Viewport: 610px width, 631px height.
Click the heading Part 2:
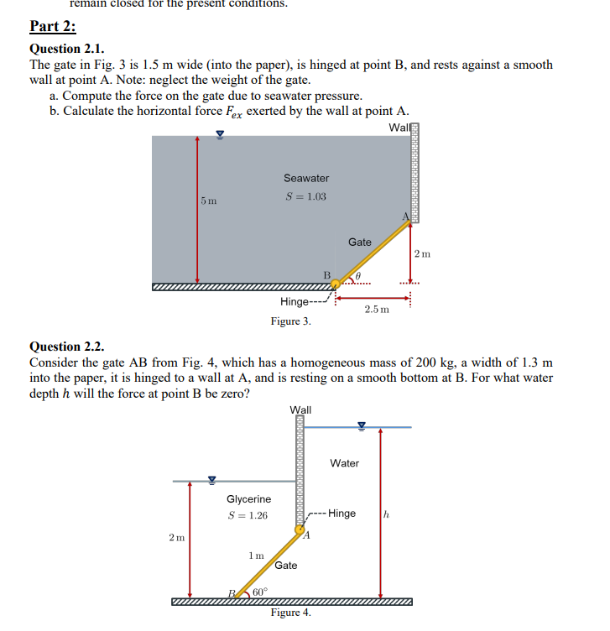(53, 26)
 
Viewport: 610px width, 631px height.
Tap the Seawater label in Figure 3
(306, 178)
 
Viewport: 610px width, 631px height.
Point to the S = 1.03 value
(306, 197)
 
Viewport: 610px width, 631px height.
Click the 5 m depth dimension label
(209, 201)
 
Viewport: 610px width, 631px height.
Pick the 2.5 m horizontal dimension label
(377, 310)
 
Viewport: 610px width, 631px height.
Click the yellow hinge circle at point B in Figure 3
(335, 284)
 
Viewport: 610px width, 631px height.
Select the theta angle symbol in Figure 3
(358, 274)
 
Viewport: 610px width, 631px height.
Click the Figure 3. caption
(290, 321)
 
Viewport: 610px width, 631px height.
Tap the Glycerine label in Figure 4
(249, 499)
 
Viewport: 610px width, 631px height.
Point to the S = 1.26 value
(248, 515)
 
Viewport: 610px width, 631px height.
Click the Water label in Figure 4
(345, 463)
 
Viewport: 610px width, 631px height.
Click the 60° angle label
(260, 592)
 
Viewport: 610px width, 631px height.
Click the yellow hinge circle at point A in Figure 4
(299, 530)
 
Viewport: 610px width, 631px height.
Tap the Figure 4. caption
(290, 613)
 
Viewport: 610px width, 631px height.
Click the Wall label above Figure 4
(300, 409)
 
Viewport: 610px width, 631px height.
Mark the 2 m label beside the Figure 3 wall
(422, 253)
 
